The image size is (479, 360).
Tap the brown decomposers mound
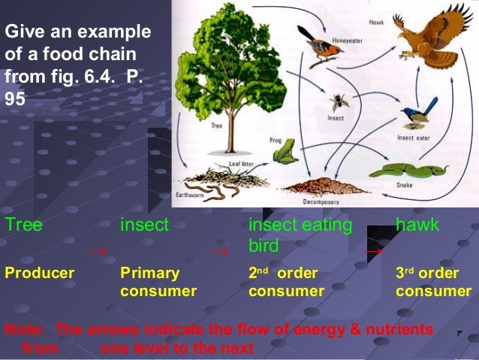315,186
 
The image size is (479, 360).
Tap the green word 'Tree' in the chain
23,225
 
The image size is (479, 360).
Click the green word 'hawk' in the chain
419,225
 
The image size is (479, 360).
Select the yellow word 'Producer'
40,273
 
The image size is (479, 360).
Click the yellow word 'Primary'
150,273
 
